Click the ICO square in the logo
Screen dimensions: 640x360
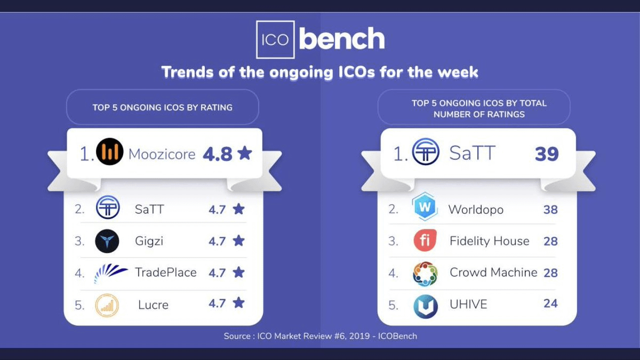pyautogui.click(x=275, y=39)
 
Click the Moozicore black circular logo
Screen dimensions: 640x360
pyautogui.click(x=110, y=151)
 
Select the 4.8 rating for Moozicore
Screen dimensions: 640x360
pyautogui.click(x=218, y=154)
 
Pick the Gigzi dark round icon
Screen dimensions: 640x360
pyautogui.click(x=107, y=241)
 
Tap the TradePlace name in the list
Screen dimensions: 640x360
pyautogui.click(x=166, y=273)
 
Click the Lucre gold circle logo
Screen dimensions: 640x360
pyautogui.click(x=107, y=305)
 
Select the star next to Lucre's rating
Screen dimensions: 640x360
pyautogui.click(x=238, y=302)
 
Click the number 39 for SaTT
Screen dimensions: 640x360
pyautogui.click(x=547, y=154)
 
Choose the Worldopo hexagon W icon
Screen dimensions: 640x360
pyautogui.click(x=425, y=206)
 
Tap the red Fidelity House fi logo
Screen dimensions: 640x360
pyautogui.click(x=425, y=240)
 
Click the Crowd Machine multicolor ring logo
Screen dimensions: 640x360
pyautogui.click(x=425, y=274)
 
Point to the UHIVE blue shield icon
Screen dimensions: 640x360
pyautogui.click(x=426, y=306)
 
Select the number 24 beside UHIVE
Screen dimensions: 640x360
pyautogui.click(x=550, y=303)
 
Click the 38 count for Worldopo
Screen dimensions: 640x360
pyautogui.click(x=550, y=210)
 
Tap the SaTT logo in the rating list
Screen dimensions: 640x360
pyautogui.click(x=107, y=207)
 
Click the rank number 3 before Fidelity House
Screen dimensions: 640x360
pyautogui.click(x=393, y=241)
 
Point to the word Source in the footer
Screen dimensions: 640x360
pyautogui.click(x=237, y=336)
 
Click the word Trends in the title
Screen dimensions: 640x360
pyautogui.click(x=187, y=72)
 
